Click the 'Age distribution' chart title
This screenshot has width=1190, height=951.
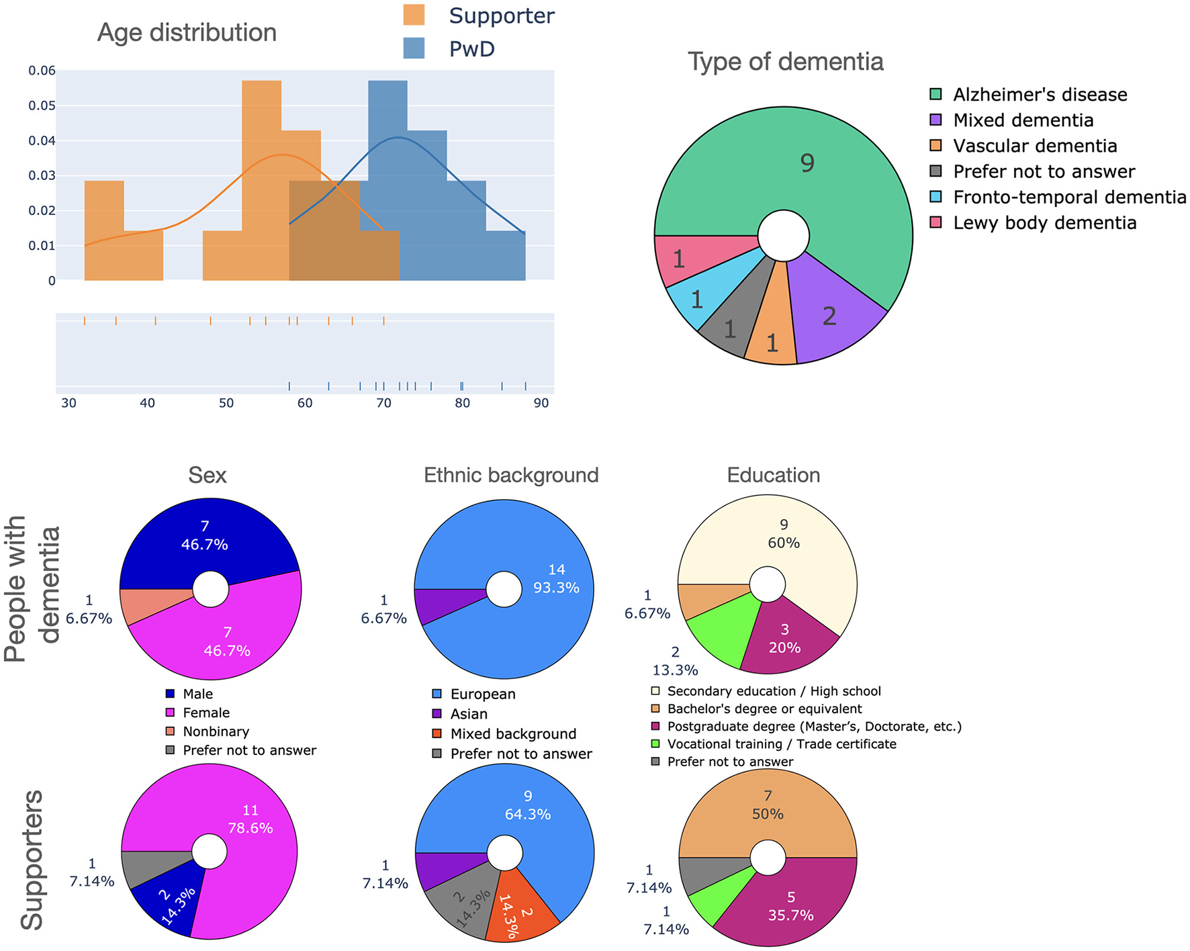coord(187,33)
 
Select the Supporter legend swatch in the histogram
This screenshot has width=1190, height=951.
coord(414,15)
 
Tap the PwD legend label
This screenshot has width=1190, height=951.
coord(471,49)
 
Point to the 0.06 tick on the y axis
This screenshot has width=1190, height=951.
coord(42,71)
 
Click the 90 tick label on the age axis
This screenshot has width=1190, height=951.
coord(541,403)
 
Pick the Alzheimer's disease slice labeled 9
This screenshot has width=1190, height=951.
coord(807,163)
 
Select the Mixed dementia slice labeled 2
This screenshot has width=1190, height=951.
coord(829,316)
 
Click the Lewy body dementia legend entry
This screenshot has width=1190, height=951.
coord(1044,223)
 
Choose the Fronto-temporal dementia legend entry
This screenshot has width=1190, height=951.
coord(1069,197)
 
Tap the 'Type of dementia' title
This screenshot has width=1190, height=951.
coord(786,62)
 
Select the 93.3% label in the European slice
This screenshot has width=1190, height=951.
coord(556,588)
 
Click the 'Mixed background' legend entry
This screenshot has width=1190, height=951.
coord(513,734)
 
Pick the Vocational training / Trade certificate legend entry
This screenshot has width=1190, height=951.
coord(781,744)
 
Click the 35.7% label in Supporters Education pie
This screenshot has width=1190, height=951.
coord(790,915)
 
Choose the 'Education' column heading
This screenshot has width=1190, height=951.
coord(774,475)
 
